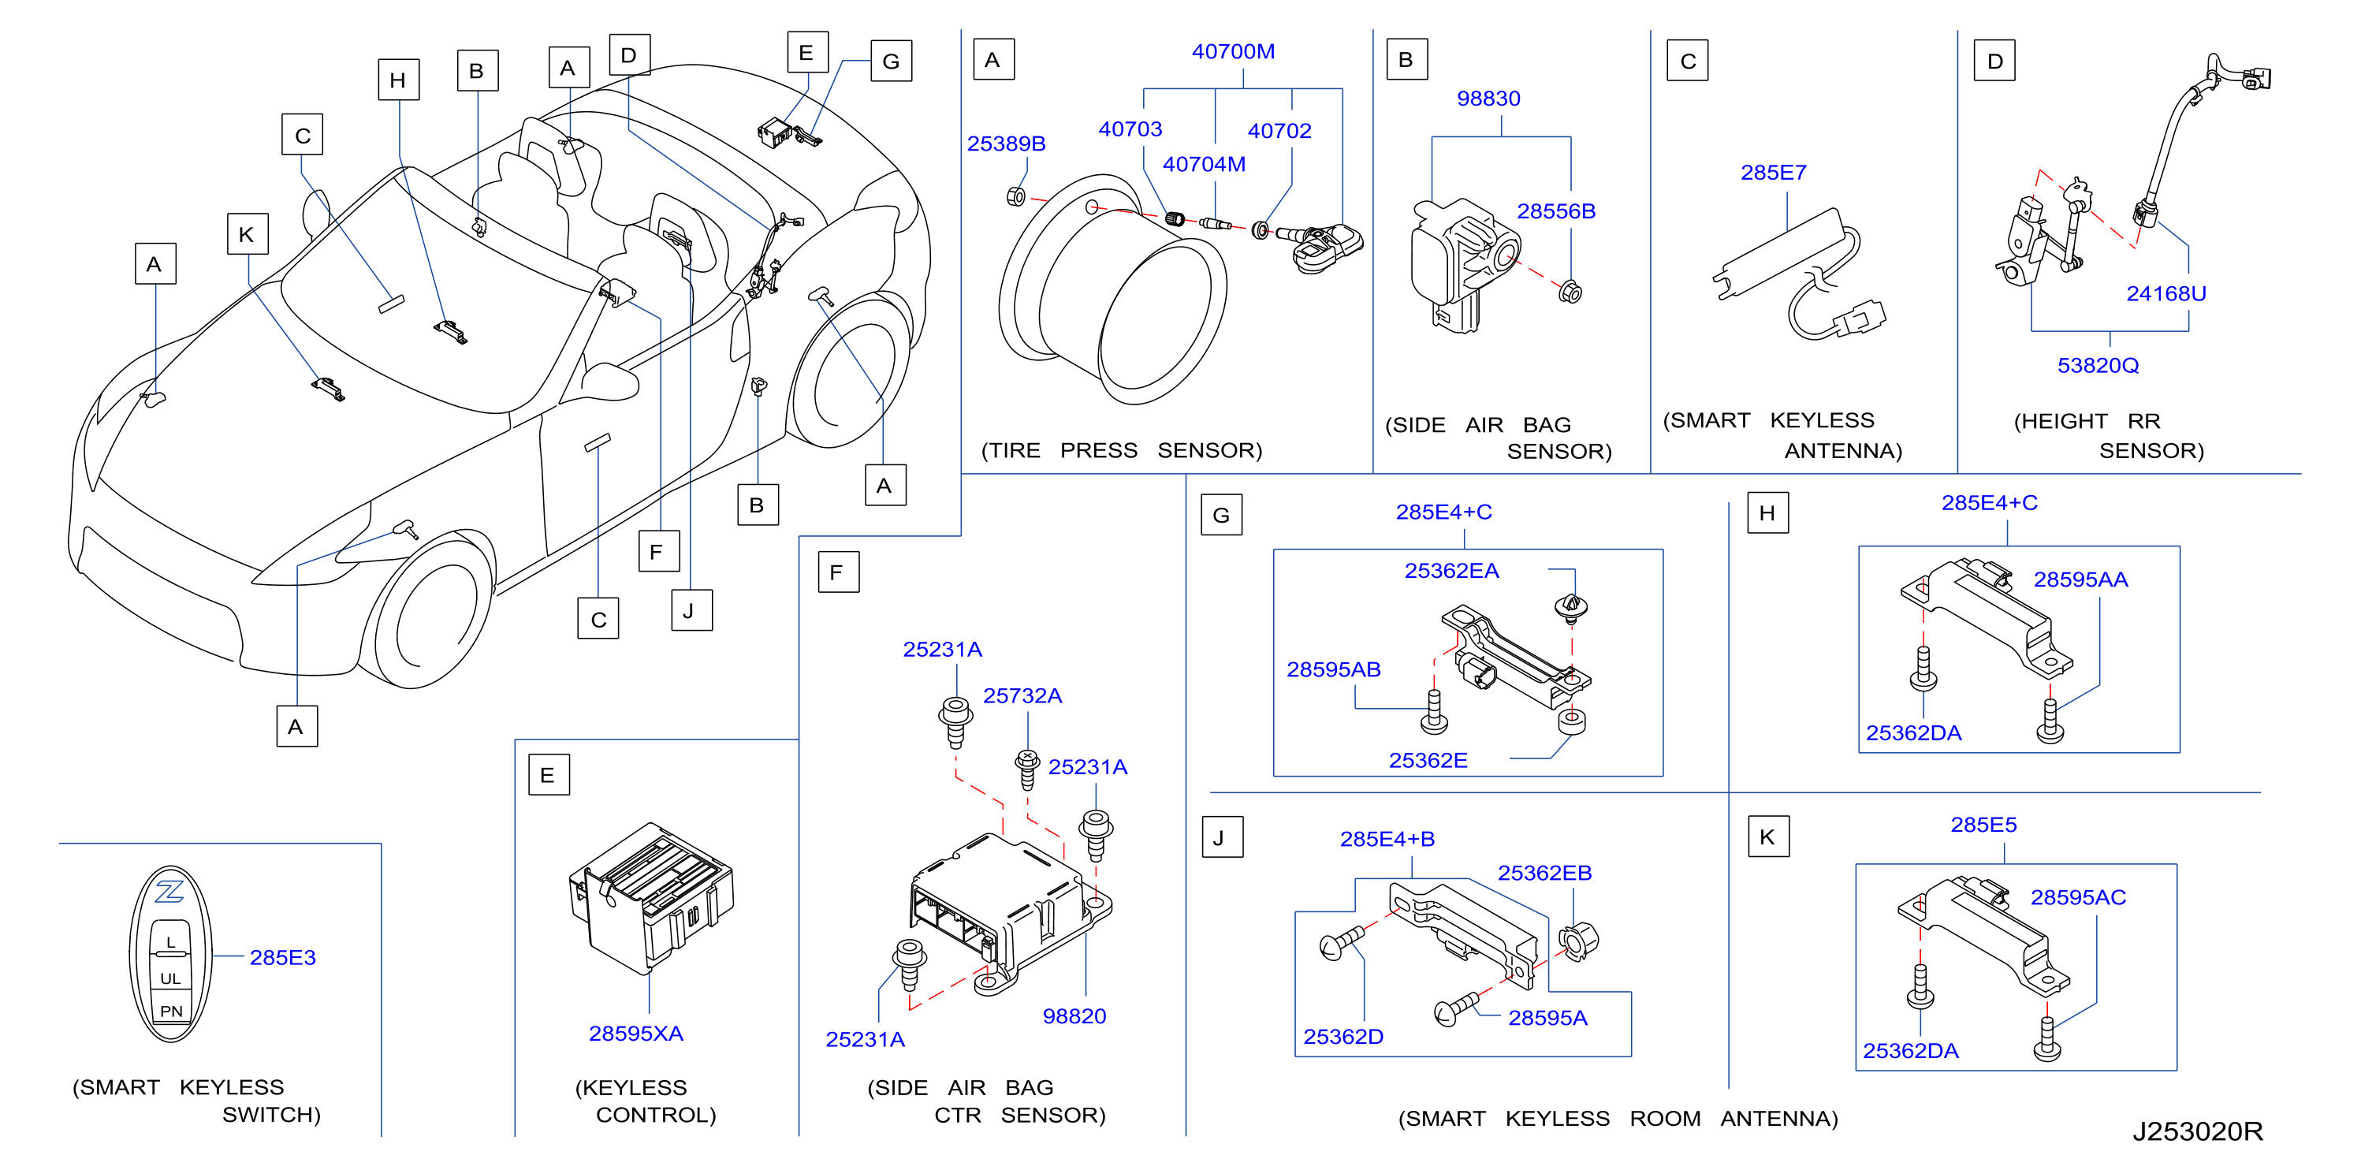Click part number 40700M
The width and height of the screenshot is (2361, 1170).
point(1233,51)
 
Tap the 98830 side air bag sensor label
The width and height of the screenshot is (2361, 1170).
point(1488,98)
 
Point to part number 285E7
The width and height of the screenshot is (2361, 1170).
point(1773,173)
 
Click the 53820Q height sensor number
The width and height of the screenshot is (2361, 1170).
point(2097,365)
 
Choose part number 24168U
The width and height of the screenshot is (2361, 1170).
point(2165,293)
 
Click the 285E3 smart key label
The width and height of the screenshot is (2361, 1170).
point(282,957)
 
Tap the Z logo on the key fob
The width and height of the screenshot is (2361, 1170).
point(169,890)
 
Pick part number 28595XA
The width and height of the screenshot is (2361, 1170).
point(635,1034)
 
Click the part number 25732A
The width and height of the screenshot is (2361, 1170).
point(1022,696)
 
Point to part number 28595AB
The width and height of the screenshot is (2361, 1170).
point(1333,669)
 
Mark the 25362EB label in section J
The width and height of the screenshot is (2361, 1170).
point(1544,873)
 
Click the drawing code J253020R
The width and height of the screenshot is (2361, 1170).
point(2197,1131)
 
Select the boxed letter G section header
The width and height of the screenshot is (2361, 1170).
point(1221,516)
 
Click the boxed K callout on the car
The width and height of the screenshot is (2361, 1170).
point(248,234)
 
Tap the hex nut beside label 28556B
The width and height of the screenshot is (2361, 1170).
point(1570,292)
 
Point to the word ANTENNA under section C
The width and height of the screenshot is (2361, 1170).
point(1842,450)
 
